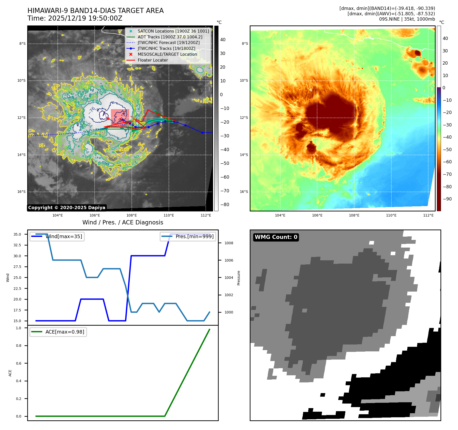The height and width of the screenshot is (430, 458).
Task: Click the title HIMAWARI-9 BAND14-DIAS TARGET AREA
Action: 95,11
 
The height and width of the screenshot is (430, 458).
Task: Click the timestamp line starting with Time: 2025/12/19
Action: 75,19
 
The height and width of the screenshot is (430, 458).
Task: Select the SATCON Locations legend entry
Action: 173,31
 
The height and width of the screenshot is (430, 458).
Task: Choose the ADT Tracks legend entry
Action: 170,37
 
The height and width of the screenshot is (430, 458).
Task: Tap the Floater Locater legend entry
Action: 153,60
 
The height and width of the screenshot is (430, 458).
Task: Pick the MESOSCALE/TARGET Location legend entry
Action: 167,54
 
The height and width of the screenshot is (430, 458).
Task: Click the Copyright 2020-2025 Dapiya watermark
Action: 67,208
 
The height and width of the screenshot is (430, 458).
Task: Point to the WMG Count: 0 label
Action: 276,237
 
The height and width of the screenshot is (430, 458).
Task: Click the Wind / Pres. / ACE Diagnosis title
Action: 123,222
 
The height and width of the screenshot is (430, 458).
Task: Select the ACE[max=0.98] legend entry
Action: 65,332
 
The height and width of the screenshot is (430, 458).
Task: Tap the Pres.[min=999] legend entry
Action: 195,236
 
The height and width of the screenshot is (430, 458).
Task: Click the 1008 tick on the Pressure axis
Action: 229,243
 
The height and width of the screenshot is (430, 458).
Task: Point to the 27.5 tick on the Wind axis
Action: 17,267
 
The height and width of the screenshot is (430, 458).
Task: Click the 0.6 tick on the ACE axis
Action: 19,363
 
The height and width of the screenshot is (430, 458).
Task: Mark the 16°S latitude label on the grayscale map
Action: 21,192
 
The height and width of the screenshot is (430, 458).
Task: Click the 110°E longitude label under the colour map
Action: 391,215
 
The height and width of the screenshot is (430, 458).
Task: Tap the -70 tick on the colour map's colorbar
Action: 447,174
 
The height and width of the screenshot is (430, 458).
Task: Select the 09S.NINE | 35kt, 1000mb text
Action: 407,19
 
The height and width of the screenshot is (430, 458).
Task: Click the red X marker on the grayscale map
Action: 108,119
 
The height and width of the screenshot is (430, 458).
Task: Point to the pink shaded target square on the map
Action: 120,116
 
